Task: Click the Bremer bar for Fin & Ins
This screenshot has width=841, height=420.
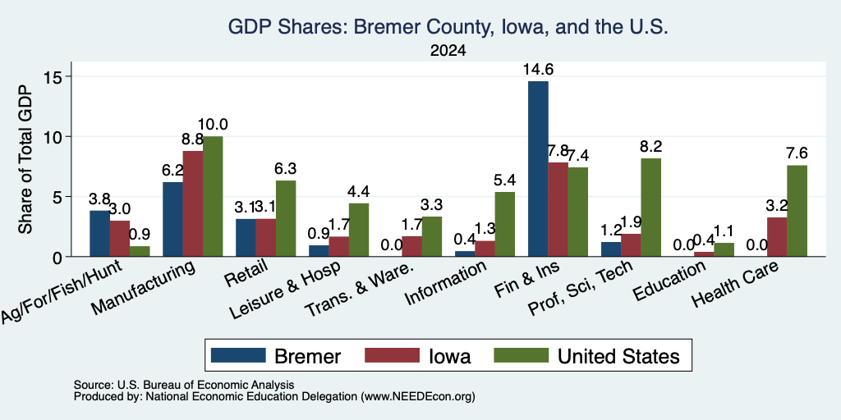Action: [538, 169]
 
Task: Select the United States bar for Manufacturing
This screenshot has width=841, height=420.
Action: [213, 197]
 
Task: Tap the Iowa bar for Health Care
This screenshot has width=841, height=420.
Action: [777, 237]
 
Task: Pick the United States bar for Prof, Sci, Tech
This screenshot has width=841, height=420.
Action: [651, 208]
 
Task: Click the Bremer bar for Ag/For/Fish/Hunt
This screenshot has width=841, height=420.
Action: [99, 234]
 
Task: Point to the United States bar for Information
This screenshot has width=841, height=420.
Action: [505, 224]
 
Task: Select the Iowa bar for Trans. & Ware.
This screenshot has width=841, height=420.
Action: [411, 246]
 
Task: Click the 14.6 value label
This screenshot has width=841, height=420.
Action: [539, 69]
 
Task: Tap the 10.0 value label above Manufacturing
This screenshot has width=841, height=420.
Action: [213, 125]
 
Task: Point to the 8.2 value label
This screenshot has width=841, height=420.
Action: [651, 146]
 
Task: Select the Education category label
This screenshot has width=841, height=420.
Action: [668, 281]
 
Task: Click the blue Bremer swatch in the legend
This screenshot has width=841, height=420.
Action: [238, 355]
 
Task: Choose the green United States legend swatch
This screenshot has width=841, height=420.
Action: [522, 355]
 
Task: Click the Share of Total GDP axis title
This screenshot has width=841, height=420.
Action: [25, 159]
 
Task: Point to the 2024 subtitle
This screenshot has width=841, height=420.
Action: [448, 51]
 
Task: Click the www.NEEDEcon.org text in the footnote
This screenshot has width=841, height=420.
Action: [418, 397]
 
